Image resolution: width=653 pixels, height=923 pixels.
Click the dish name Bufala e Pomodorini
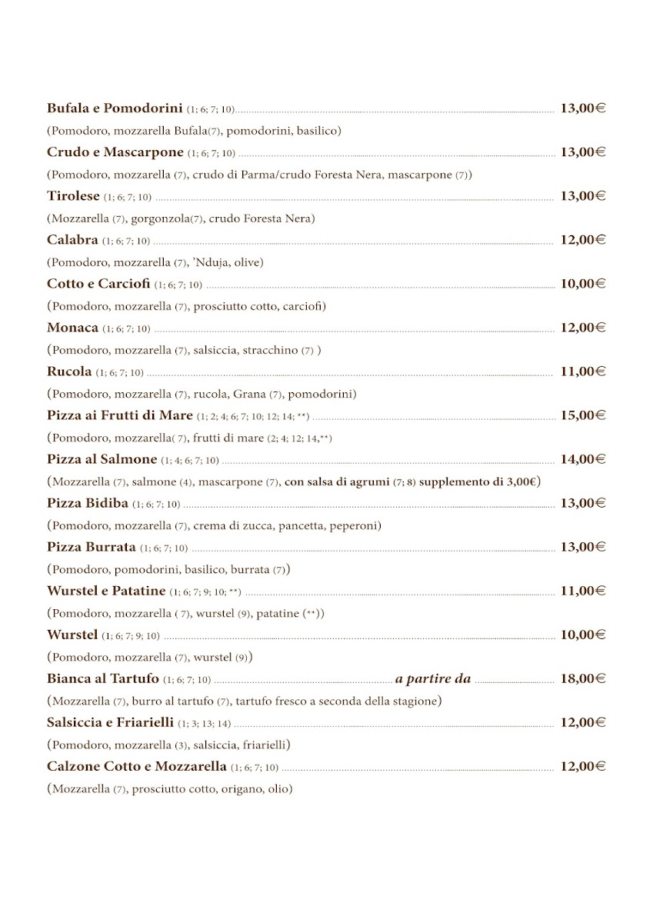click(x=114, y=108)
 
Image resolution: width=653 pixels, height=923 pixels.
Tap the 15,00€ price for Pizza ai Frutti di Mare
click(x=582, y=415)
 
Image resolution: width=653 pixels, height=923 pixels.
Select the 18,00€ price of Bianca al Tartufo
click(x=582, y=678)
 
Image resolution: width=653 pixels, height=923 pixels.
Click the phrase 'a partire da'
click(x=433, y=678)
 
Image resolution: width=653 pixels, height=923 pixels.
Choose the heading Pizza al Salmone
click(x=102, y=459)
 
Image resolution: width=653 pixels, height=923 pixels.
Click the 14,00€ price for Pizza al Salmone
click(x=582, y=459)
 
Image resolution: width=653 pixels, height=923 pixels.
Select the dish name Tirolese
click(x=73, y=196)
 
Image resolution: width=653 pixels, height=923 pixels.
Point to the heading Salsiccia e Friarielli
click(x=110, y=722)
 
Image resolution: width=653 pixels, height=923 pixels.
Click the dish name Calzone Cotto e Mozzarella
click(x=136, y=766)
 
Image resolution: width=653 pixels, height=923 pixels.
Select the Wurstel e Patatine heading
click(x=106, y=591)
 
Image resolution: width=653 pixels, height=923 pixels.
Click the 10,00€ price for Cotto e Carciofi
click(x=582, y=284)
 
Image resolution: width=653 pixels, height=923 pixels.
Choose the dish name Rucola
click(x=69, y=372)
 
